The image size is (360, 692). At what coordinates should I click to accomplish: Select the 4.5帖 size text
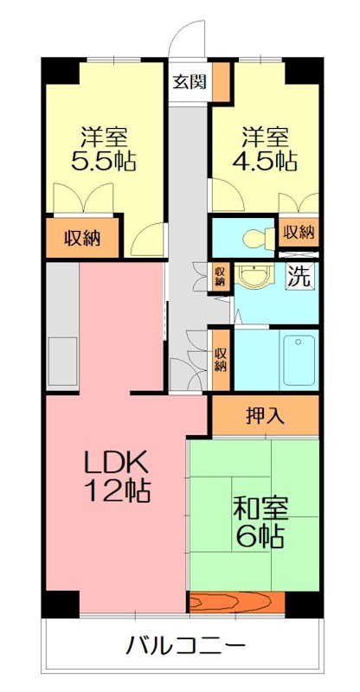coord(266,161)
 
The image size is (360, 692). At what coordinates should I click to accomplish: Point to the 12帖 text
coord(117,491)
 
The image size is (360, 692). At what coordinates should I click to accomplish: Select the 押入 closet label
coord(265,416)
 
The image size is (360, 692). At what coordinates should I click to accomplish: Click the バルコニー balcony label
coord(186,645)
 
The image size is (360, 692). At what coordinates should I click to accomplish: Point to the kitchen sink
coord(61,362)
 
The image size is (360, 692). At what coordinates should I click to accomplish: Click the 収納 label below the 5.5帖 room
coord(81,239)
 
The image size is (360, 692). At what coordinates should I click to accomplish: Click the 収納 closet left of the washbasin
coord(221,276)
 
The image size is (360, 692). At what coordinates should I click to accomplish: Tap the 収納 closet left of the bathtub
coord(221,359)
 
